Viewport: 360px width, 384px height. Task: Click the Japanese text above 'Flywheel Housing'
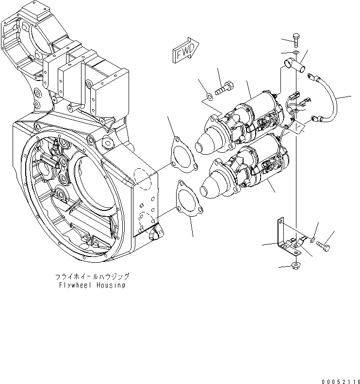pos(92,276)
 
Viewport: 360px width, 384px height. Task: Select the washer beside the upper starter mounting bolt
pos(208,95)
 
